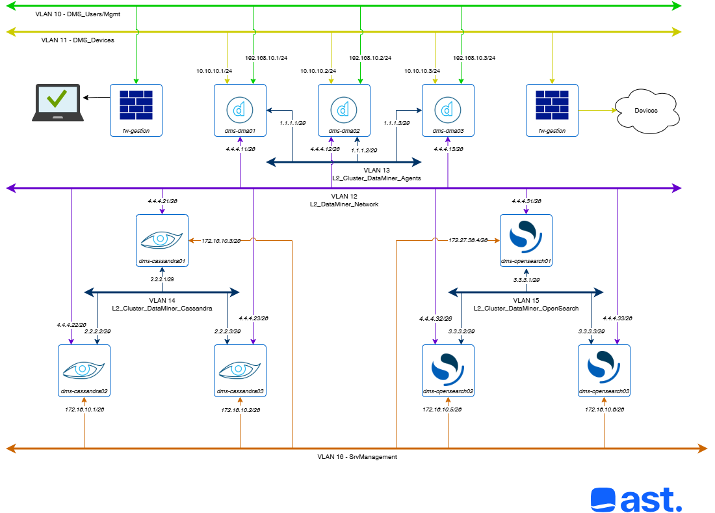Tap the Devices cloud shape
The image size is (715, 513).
tap(645, 111)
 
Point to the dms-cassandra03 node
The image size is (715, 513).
tap(240, 370)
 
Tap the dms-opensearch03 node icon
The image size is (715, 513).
tap(604, 370)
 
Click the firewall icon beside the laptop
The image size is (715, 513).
tap(136, 105)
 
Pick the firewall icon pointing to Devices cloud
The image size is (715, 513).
tap(552, 105)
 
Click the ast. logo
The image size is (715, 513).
tap(636, 500)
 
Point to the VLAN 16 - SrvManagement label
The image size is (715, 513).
tap(357, 457)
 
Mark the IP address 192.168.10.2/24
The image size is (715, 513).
tap(370, 58)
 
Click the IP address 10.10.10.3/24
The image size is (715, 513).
tap(422, 71)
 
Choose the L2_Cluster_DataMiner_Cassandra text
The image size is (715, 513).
tap(162, 308)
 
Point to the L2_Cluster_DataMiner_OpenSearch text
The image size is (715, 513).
tap(526, 308)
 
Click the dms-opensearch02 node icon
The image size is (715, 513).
tap(448, 370)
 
